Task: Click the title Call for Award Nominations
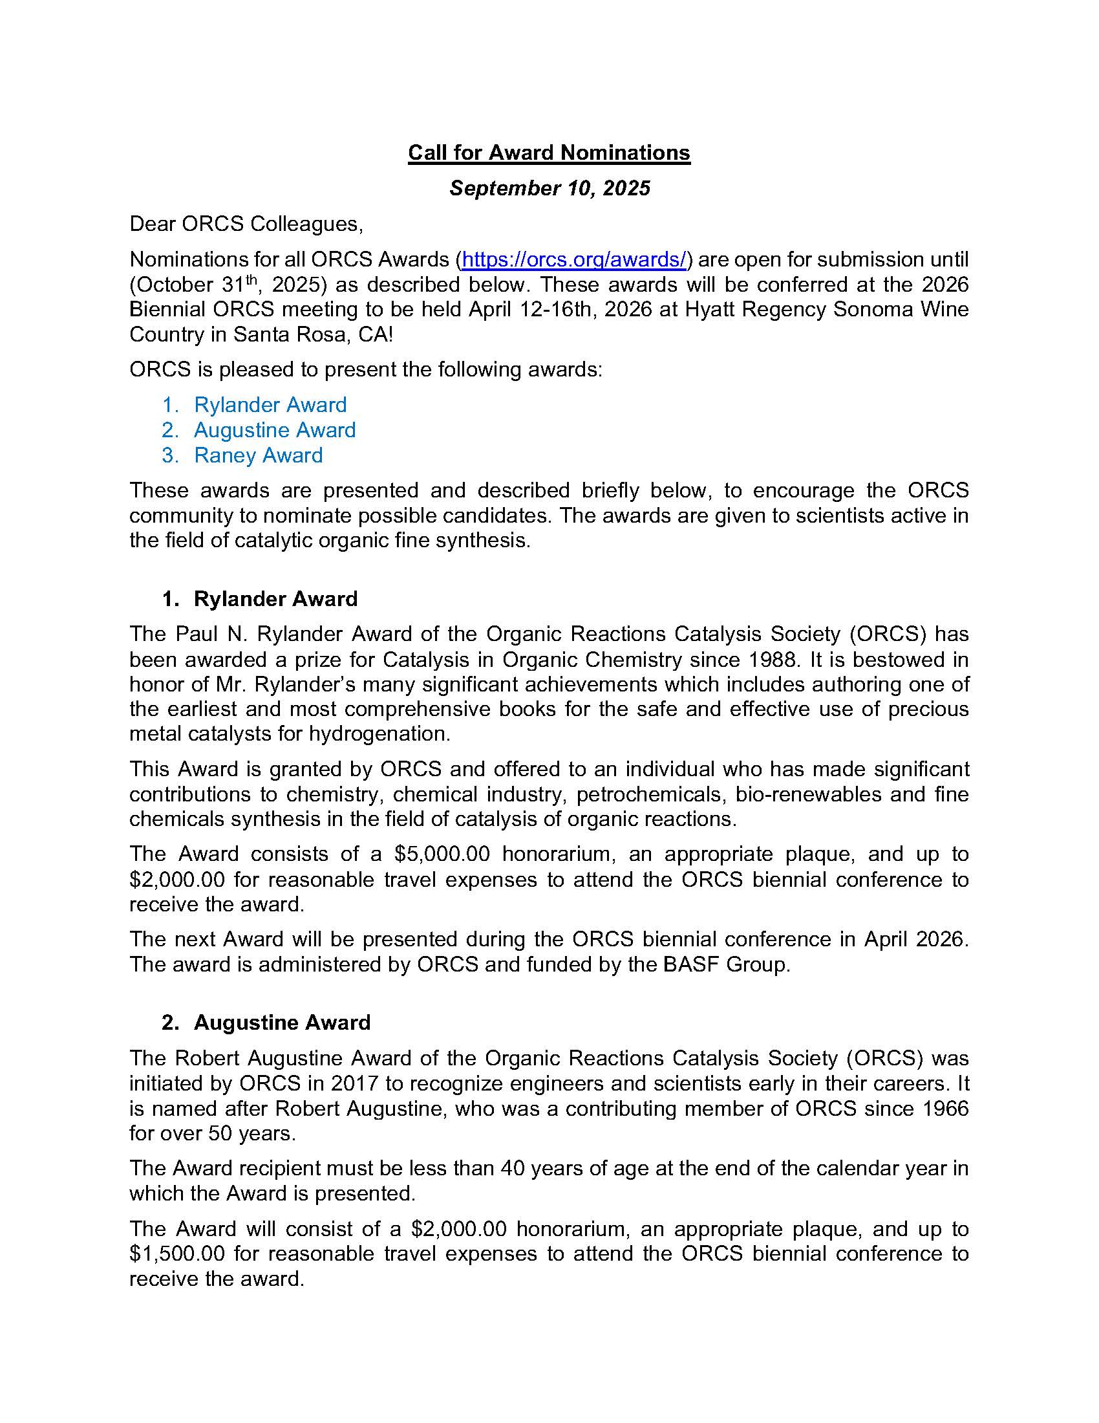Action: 549,153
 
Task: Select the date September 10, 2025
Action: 549,188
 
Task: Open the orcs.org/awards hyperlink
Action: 573,259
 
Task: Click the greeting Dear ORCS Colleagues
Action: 246,224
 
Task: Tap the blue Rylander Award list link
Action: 270,405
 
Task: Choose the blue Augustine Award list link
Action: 274,430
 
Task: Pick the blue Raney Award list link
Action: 258,455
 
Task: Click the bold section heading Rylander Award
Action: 275,599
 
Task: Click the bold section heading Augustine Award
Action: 282,1022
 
